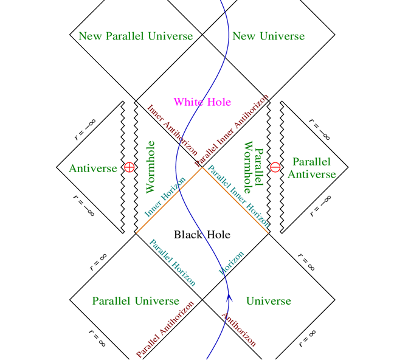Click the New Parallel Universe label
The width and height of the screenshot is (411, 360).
pos(136,36)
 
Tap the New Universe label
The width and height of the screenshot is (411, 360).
pos(269,36)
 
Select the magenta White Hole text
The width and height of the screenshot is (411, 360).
pos(202,102)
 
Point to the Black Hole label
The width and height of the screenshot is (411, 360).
pos(202,234)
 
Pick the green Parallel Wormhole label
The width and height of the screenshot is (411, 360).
pos(254,167)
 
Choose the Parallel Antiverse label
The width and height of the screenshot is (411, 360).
pos(312,168)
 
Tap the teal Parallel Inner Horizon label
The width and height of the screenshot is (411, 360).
pos(238,196)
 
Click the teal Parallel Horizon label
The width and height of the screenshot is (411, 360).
pos(173,263)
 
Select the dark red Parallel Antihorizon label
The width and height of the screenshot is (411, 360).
pos(165,330)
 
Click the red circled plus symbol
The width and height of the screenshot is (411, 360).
pos(130,167)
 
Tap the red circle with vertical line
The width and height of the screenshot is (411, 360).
pos(275,167)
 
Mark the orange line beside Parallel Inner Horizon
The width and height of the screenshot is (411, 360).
pos(235,200)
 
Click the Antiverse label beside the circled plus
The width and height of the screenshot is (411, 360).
pos(93,168)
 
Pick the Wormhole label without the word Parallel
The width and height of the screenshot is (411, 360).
pos(150,167)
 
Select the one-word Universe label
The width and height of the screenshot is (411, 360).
pos(269,301)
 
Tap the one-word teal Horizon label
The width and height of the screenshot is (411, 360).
pos(232,263)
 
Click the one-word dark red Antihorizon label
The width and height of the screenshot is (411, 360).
pos(239,330)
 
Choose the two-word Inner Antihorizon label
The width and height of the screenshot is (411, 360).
pos(172,130)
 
